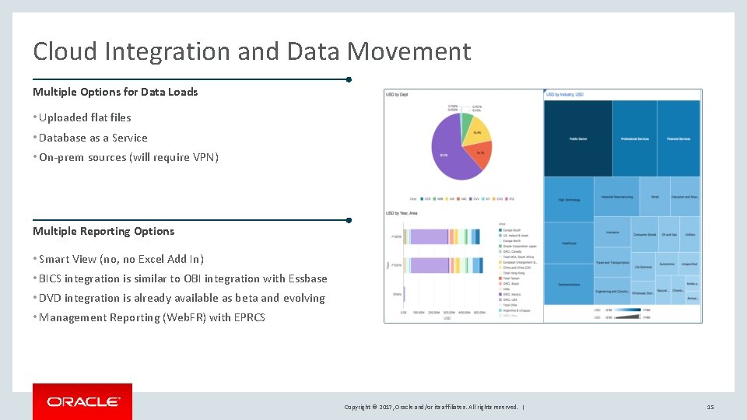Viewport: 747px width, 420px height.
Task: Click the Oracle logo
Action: (82, 401)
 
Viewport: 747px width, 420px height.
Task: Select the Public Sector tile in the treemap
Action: (577, 138)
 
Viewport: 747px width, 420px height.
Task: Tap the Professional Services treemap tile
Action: (634, 138)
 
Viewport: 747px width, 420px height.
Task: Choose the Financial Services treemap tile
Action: (679, 138)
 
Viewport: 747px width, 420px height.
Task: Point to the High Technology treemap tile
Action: (569, 199)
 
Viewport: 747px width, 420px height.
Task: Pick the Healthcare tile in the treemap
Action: (569, 243)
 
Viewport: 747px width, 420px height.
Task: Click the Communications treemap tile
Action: (569, 284)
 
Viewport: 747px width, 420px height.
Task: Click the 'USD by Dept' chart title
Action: (397, 95)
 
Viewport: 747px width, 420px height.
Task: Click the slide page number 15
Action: (710, 407)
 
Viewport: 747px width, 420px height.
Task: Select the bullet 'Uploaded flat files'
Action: (85, 117)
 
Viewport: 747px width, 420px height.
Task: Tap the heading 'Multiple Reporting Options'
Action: (103, 231)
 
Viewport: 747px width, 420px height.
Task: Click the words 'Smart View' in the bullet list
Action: (66, 259)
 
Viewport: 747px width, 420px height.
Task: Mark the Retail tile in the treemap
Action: (654, 197)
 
